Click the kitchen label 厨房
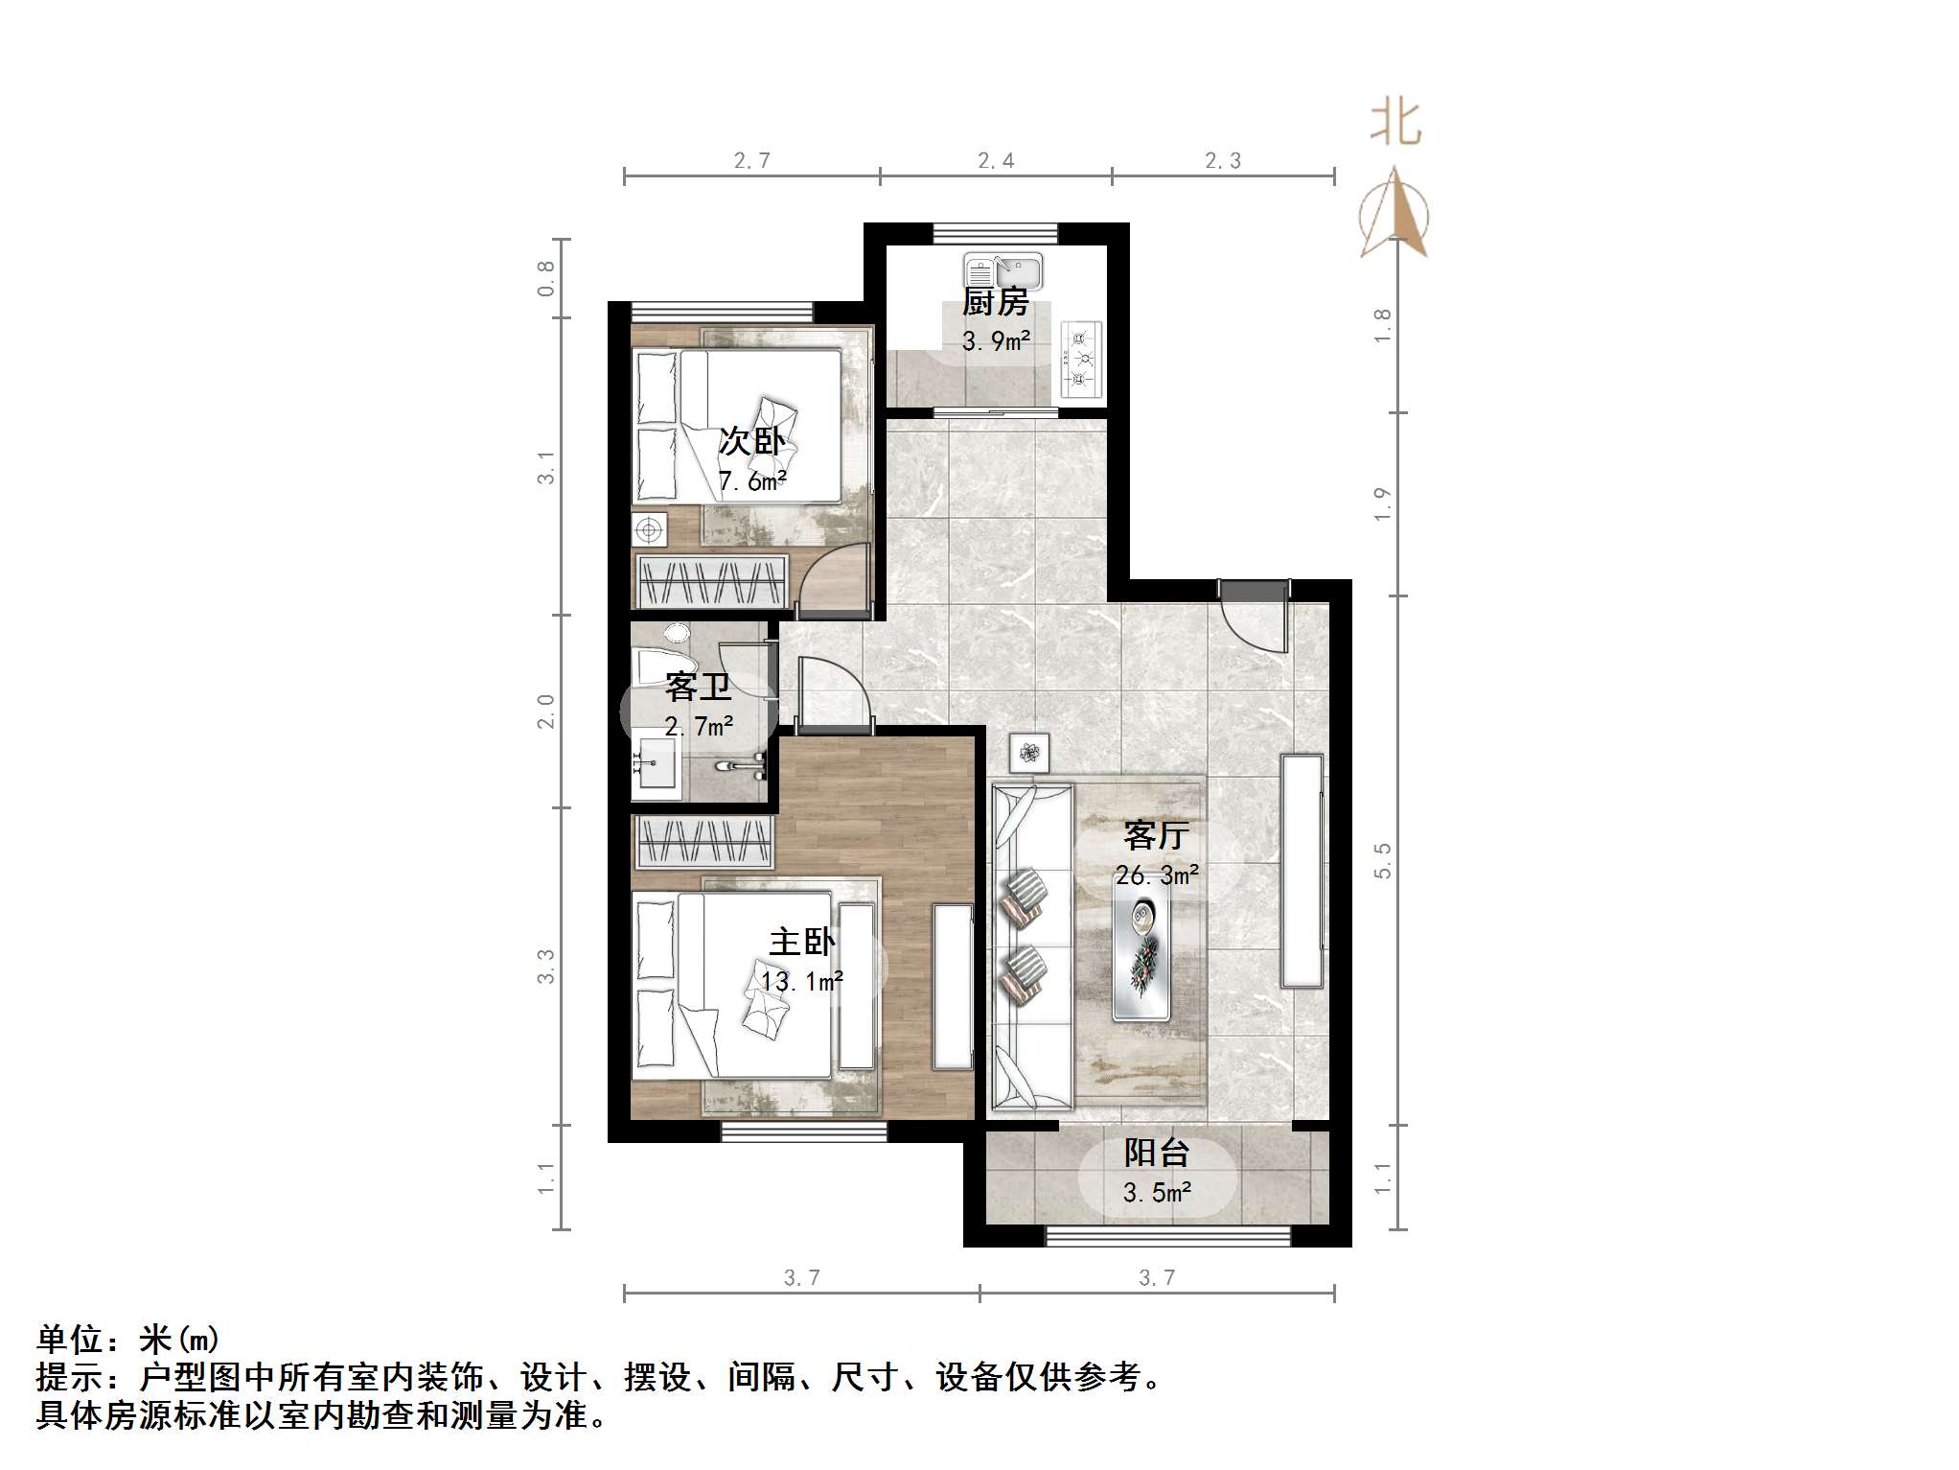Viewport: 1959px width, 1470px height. click(x=996, y=303)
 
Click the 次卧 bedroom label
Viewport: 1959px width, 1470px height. click(x=751, y=442)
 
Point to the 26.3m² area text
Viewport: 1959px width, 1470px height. click(x=1157, y=875)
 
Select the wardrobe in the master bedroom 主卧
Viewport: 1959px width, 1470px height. click(x=703, y=842)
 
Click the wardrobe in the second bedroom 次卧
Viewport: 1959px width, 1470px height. click(x=711, y=580)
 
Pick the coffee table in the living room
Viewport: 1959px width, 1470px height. click(x=1141, y=945)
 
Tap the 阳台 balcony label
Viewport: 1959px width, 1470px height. click(x=1157, y=1153)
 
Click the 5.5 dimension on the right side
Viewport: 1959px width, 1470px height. click(x=1382, y=860)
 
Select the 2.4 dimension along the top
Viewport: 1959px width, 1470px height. click(x=996, y=161)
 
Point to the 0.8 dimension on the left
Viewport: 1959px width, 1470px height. click(x=545, y=278)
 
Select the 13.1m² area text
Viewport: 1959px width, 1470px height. click(x=802, y=982)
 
